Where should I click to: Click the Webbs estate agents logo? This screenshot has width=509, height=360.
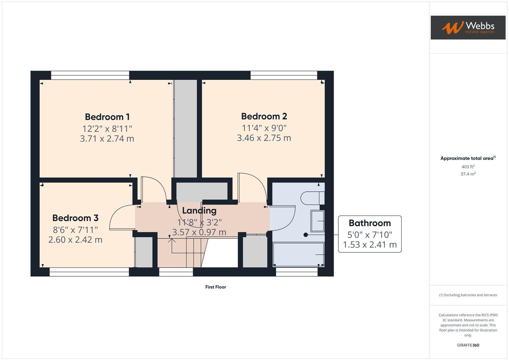tap(468, 27)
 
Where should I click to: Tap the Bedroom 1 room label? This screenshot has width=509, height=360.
tap(107, 117)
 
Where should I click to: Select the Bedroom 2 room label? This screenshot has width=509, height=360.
tap(264, 116)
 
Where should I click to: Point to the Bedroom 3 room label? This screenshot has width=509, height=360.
tap(75, 218)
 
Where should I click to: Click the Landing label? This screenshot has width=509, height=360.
tap(199, 210)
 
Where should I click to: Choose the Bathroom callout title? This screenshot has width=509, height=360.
tap(369, 223)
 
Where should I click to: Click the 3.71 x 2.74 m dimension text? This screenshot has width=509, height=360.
tap(107, 138)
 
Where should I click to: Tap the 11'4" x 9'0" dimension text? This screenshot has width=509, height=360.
tap(264, 128)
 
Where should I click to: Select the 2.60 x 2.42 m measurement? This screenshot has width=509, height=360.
tap(75, 240)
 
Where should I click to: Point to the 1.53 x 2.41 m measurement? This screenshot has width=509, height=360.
tap(369, 245)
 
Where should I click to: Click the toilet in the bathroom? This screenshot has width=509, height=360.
tap(312, 198)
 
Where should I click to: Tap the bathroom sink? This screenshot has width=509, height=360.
tap(317, 221)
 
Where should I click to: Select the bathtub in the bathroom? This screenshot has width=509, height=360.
tap(298, 254)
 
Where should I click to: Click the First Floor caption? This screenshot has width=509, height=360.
tap(215, 287)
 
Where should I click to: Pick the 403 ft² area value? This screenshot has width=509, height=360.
tap(468, 167)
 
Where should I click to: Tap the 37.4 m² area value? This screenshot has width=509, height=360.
tap(468, 174)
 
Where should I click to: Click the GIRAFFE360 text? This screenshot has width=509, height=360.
tap(468, 345)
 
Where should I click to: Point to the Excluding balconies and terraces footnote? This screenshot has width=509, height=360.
tap(468, 295)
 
